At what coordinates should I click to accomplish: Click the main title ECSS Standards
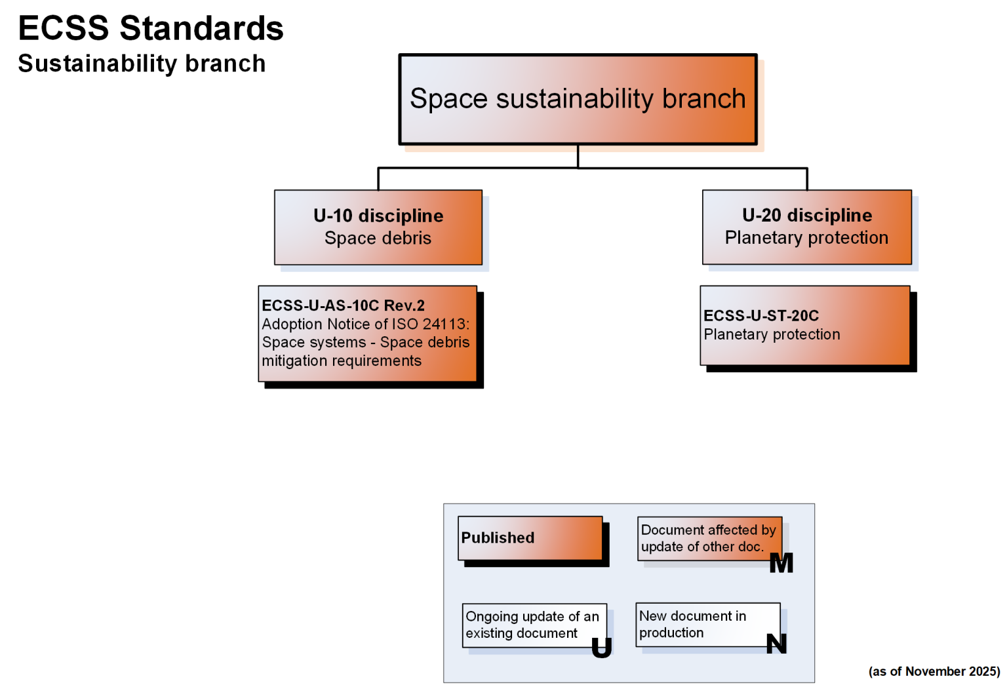click(151, 29)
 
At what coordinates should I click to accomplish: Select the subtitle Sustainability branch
click(142, 64)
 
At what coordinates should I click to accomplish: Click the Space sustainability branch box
click(578, 99)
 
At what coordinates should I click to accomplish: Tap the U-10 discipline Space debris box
click(378, 227)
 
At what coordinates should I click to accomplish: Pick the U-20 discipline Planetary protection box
click(806, 227)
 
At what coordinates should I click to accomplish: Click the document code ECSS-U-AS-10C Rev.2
click(343, 305)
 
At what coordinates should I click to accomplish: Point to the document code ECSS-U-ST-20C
click(761, 315)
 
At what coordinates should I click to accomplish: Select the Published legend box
click(530, 538)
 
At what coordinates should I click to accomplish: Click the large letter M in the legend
click(781, 563)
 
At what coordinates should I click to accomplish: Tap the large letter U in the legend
click(601, 648)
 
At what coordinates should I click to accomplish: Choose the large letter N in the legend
click(776, 644)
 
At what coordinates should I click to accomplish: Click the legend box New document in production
click(707, 625)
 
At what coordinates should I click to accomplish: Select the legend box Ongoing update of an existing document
click(534, 625)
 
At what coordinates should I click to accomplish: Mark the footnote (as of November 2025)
click(934, 671)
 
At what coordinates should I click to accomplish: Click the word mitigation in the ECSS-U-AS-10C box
click(294, 361)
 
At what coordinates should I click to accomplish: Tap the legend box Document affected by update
click(709, 538)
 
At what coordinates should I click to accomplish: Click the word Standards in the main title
click(201, 29)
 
